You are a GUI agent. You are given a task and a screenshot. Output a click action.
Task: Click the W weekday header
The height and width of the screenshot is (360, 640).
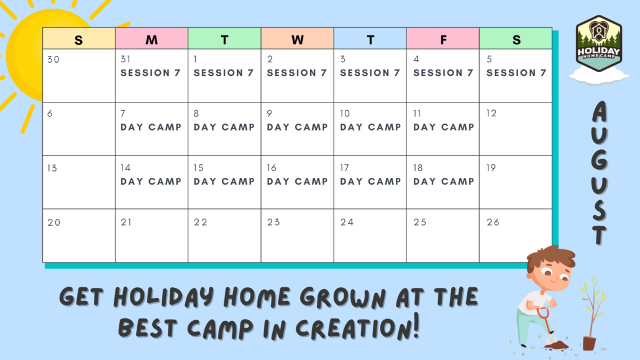click(x=297, y=40)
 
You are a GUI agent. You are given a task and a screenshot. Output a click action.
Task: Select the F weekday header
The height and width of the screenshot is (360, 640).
click(x=443, y=40)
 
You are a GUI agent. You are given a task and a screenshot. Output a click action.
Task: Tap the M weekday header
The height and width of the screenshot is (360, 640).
click(x=152, y=40)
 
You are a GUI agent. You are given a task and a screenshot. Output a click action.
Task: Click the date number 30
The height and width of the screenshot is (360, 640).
click(x=53, y=60)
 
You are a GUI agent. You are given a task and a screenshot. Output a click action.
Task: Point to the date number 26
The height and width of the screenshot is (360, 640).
click(x=493, y=223)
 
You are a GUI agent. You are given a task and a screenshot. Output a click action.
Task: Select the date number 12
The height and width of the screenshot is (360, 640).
click(x=491, y=113)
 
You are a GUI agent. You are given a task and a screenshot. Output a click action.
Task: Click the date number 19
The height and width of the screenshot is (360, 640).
click(x=491, y=168)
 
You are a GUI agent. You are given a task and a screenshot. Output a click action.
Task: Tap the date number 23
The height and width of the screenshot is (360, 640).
click(x=273, y=223)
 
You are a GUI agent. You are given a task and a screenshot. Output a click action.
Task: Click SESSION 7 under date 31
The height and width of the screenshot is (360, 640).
click(x=150, y=73)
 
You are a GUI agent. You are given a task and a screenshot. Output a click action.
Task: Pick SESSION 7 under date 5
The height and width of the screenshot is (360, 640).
click(x=516, y=73)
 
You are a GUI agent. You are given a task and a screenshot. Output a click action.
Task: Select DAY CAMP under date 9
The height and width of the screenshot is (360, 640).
click(x=297, y=127)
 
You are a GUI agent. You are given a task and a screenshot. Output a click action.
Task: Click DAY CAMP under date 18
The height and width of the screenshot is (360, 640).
click(x=444, y=182)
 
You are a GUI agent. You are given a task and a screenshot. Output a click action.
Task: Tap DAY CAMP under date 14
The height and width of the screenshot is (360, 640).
click(x=150, y=182)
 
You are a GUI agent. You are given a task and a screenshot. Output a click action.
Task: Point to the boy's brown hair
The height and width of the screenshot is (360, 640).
click(x=551, y=256)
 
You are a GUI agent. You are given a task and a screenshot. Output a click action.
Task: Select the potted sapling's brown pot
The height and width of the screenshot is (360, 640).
click(x=589, y=343)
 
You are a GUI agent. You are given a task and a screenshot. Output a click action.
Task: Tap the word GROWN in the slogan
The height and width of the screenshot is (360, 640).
click(x=343, y=297)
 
